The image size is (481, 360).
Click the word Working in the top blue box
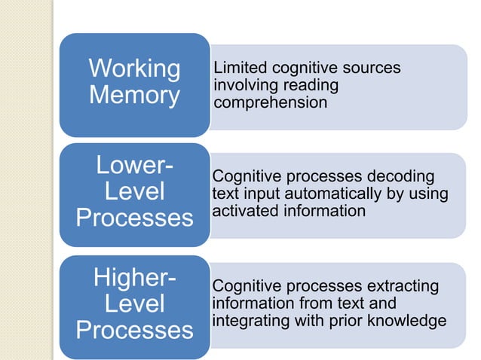tap(134, 69)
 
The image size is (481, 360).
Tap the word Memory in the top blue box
tap(134, 96)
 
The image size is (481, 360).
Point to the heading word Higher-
tap(134, 277)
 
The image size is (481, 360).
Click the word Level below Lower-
tap(134, 191)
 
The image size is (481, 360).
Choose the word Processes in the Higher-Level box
tap(134, 331)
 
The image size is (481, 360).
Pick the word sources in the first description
tap(372, 69)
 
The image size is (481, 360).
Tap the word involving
tap(244, 85)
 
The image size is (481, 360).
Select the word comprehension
tap(271, 102)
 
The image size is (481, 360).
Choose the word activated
tap(244, 211)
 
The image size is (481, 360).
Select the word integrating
tap(256, 322)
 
